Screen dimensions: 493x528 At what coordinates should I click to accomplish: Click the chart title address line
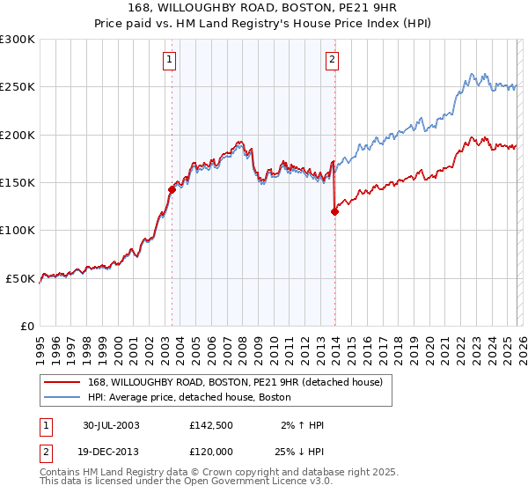264,8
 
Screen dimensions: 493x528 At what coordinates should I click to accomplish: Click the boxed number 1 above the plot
169,60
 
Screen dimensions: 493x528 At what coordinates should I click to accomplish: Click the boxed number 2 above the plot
332,60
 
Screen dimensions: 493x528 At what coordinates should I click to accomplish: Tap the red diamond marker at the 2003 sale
172,189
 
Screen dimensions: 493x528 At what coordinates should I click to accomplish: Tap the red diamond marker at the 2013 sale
335,210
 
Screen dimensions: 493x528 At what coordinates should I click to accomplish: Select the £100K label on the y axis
19,230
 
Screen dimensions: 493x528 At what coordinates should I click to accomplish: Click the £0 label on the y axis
26,326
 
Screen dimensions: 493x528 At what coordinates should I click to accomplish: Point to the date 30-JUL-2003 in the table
111,425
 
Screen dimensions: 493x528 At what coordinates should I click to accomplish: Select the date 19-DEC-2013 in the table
111,452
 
